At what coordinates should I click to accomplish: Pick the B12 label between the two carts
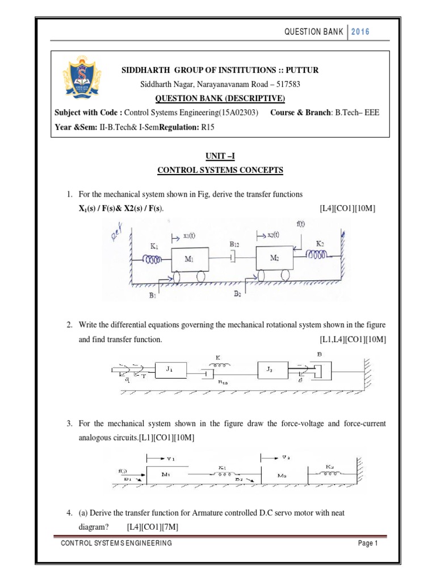point(236,244)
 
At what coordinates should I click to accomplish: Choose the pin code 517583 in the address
point(315,84)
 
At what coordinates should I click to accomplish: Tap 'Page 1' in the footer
point(368,543)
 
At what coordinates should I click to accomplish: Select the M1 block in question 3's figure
point(166,473)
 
